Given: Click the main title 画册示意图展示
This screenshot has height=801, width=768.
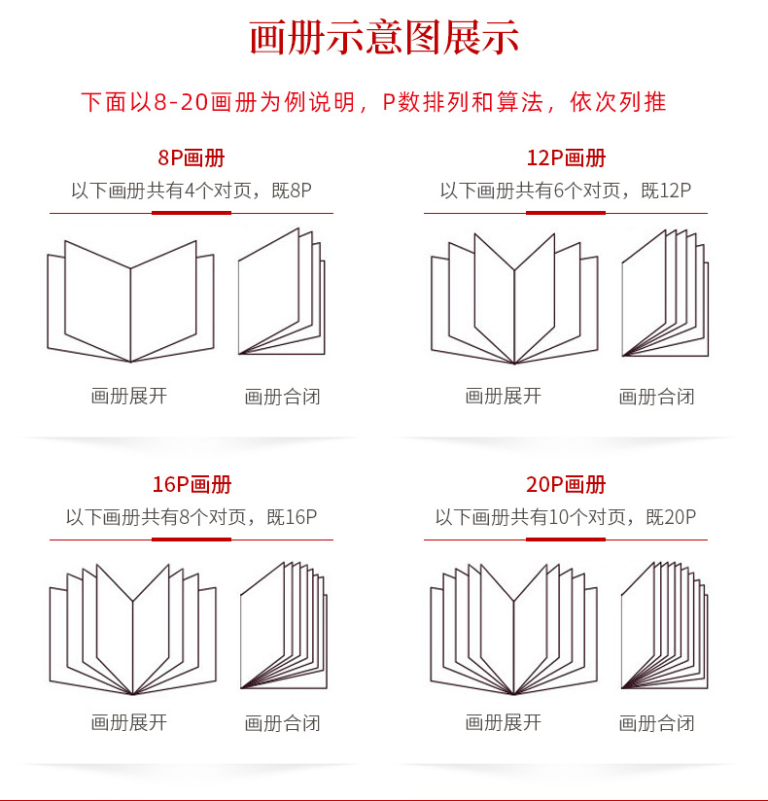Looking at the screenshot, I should pyautogui.click(x=384, y=39).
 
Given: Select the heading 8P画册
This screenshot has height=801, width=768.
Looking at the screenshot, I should pyautogui.click(x=191, y=158).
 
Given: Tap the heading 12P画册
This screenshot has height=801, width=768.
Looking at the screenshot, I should pyautogui.click(x=565, y=158).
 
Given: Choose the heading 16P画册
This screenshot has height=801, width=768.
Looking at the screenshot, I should pyautogui.click(x=191, y=485).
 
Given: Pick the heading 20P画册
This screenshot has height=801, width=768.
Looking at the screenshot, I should pyautogui.click(x=565, y=485).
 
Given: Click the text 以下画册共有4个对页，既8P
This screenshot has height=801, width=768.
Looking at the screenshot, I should pyautogui.click(x=191, y=191).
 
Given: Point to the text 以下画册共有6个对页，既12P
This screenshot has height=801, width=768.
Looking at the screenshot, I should pyautogui.click(x=565, y=191).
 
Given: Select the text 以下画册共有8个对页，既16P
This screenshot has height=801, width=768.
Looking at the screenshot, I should pyautogui.click(x=191, y=517).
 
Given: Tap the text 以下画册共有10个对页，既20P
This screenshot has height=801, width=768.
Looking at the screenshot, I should pyautogui.click(x=565, y=517).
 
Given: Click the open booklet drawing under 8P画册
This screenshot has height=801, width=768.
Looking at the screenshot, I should pyautogui.click(x=130, y=301).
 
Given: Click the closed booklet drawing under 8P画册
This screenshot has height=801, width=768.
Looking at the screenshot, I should pyautogui.click(x=281, y=293).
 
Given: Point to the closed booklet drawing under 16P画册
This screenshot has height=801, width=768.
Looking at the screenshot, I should pyautogui.click(x=283, y=624).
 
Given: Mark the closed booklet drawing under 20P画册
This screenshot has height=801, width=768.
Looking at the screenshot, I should pyautogui.click(x=664, y=624).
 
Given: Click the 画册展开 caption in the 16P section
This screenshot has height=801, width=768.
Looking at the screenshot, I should pyautogui.click(x=129, y=722).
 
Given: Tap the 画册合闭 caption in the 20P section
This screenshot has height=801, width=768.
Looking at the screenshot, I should pyautogui.click(x=657, y=723).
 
